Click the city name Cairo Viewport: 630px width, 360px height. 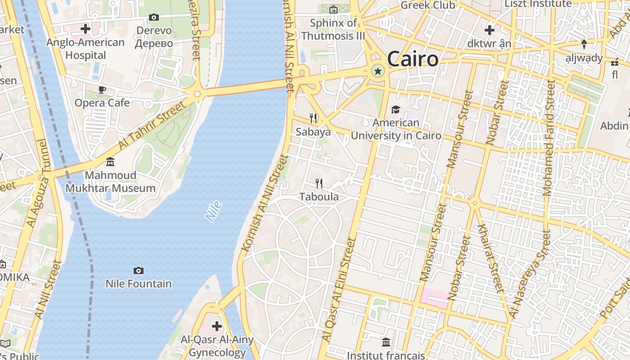point(412,59)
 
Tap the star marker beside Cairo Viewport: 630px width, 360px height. point(378,71)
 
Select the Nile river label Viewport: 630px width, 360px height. point(214,211)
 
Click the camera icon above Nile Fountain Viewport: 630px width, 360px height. point(139,270)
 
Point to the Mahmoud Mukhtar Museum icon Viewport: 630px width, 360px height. point(110,162)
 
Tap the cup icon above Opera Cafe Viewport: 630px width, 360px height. point(102,90)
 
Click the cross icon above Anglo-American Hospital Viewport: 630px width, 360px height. point(85,29)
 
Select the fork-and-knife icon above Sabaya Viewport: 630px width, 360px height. point(313,118)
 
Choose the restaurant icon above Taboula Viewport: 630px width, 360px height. point(319,183)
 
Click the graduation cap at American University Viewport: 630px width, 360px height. point(396,109)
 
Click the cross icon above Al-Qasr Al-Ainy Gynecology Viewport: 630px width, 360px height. point(217,326)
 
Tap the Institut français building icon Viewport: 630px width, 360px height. point(386,342)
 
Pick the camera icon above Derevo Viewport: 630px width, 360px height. point(154,17)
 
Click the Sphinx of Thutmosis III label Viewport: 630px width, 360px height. point(333,29)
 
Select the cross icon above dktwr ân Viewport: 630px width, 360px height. point(489,30)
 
